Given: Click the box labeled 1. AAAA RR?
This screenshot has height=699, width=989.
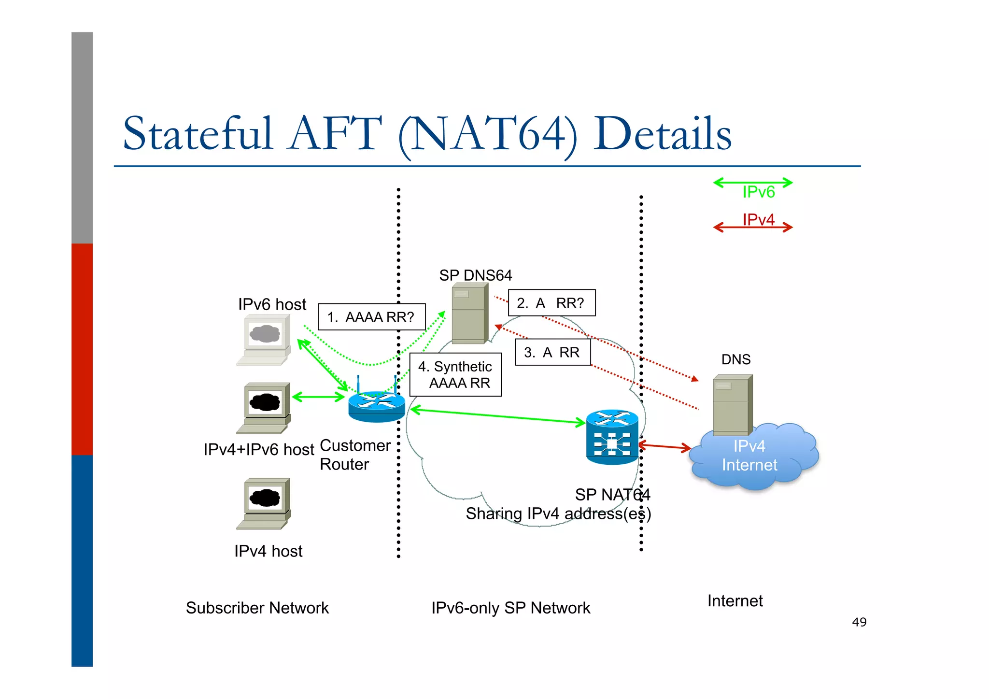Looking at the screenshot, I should [x=371, y=317].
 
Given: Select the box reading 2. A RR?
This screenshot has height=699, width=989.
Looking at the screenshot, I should [x=551, y=303].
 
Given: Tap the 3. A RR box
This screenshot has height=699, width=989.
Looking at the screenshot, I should [x=552, y=352].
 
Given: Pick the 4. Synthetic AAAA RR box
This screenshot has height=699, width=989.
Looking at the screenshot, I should [x=455, y=375].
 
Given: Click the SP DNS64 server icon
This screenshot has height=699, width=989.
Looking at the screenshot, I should [x=469, y=313].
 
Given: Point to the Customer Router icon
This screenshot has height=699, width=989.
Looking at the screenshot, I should [x=376, y=406].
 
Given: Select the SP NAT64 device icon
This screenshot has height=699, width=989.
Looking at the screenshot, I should [x=612, y=437].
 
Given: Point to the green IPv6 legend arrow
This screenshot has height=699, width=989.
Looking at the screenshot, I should [x=753, y=183].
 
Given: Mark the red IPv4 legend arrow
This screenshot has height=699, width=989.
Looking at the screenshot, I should [x=753, y=227].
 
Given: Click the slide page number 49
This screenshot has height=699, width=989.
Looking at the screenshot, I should [x=859, y=622].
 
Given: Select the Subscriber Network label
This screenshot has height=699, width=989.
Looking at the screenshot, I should [x=257, y=608].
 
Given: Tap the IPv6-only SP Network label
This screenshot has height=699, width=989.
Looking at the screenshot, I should [x=510, y=608].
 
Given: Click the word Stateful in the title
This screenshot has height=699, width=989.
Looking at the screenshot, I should [x=198, y=133].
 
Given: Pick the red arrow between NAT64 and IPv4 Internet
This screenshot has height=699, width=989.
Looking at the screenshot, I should [x=664, y=446].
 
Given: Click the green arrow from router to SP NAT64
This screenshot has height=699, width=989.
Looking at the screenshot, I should [x=497, y=416].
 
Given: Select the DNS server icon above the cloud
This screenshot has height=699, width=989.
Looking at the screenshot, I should [x=732, y=405].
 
